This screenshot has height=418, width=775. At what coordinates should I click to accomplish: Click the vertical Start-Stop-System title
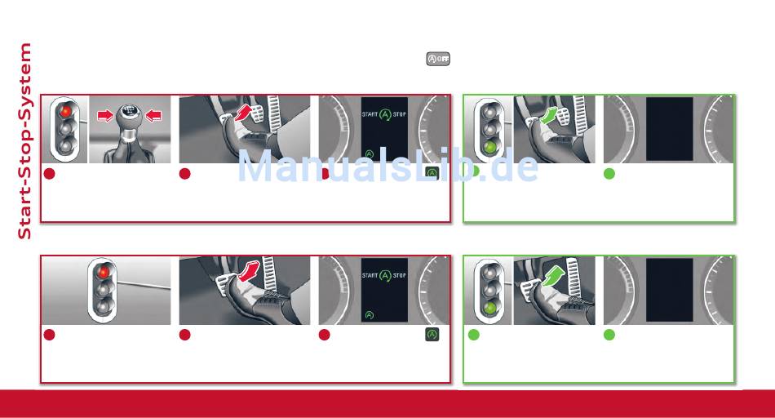tap(24, 141)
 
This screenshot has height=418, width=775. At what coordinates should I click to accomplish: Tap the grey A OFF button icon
tap(438, 59)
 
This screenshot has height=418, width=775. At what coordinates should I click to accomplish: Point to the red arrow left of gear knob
tap(105, 116)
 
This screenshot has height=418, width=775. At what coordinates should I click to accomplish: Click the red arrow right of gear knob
tap(153, 116)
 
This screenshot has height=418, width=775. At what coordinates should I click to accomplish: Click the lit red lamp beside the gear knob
tap(65, 111)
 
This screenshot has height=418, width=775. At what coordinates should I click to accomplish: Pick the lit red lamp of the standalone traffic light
tap(104, 272)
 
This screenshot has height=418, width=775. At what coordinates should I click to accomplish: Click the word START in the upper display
tap(370, 114)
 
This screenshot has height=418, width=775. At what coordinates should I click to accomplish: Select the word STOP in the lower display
tap(400, 275)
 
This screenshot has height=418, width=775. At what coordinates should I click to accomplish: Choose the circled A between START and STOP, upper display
tap(385, 115)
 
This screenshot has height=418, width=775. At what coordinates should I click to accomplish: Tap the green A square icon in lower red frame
tap(432, 335)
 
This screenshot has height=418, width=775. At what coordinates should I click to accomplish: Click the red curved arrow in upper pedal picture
tap(242, 113)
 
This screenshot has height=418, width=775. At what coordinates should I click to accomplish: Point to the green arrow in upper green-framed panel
tap(549, 116)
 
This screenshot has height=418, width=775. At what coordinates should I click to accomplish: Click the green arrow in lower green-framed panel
tap(554, 275)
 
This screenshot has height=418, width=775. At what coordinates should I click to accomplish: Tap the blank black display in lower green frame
tap(669, 290)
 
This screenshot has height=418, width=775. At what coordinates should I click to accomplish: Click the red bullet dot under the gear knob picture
tap(50, 174)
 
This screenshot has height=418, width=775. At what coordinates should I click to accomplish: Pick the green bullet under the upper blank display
tap(609, 174)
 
